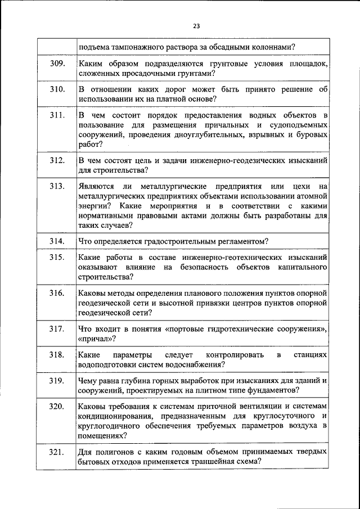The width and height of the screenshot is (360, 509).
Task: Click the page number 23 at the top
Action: click(x=196, y=25)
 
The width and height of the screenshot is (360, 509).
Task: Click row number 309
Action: click(x=58, y=63)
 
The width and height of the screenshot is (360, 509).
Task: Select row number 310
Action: click(x=58, y=89)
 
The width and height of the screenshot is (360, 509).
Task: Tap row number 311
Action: click(x=58, y=116)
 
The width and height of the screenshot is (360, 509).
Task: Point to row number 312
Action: click(x=58, y=161)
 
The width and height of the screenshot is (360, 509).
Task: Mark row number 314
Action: click(x=58, y=241)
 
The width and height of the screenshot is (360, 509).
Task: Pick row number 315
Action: click(x=58, y=257)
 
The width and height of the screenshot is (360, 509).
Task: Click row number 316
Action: click(x=58, y=294)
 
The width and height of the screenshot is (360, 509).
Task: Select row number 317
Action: click(x=58, y=329)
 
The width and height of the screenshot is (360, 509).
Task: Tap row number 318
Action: click(x=58, y=355)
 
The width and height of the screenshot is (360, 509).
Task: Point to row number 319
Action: click(x=58, y=381)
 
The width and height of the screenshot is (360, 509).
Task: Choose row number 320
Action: click(x=58, y=407)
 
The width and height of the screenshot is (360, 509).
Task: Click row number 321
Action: click(x=58, y=452)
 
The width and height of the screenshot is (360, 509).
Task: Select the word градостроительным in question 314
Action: click(x=162, y=241)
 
